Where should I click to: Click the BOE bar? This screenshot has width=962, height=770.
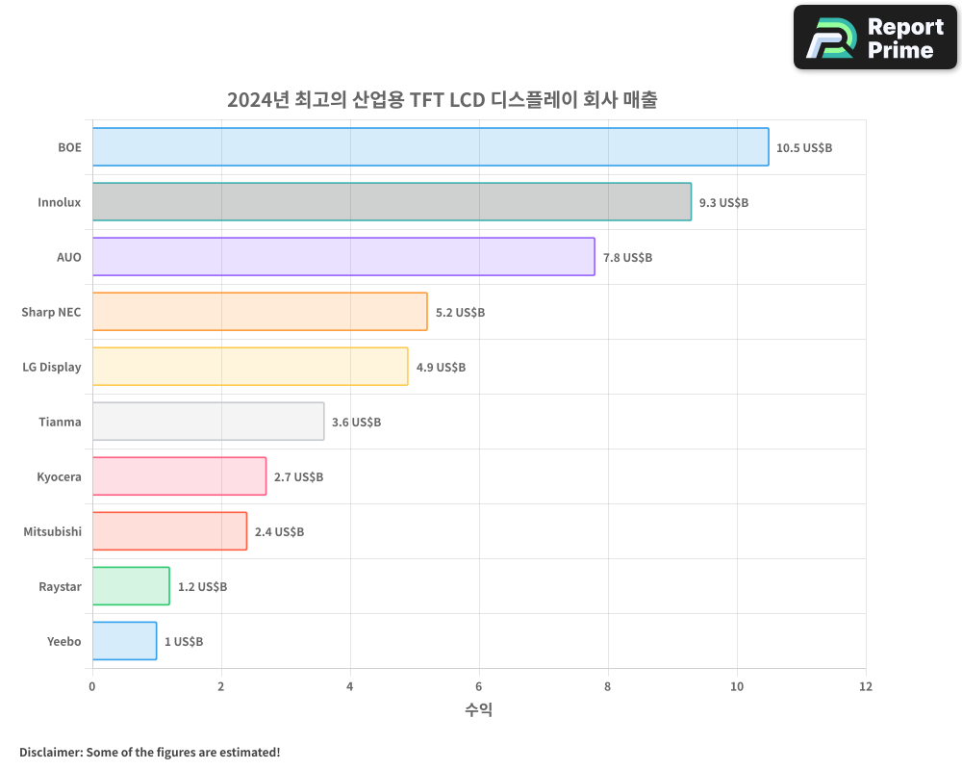[430, 147]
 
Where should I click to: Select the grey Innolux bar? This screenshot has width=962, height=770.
[392, 202]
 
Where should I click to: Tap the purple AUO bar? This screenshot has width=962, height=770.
[343, 257]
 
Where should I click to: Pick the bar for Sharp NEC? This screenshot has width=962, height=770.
[260, 312]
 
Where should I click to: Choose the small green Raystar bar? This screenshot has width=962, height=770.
[131, 586]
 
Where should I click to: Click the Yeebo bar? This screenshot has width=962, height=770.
[124, 641]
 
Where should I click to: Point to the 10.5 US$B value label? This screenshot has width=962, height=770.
[804, 148]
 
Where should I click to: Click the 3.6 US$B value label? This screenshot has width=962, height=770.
[356, 423]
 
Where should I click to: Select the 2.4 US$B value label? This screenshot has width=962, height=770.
[279, 532]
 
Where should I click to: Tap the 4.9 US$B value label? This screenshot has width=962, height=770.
[441, 368]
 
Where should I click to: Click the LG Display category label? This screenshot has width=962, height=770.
[52, 368]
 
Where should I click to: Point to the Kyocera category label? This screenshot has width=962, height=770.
[59, 477]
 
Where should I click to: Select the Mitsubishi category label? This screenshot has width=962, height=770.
[52, 532]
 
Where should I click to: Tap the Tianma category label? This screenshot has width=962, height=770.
[60, 423]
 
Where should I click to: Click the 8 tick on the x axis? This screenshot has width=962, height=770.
[608, 687]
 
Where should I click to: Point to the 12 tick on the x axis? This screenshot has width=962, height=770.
[865, 687]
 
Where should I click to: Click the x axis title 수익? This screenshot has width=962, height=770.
[478, 710]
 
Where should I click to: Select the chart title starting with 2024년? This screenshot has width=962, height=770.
[442, 99]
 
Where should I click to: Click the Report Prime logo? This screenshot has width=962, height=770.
[874, 38]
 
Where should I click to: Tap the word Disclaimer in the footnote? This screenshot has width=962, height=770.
[50, 752]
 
